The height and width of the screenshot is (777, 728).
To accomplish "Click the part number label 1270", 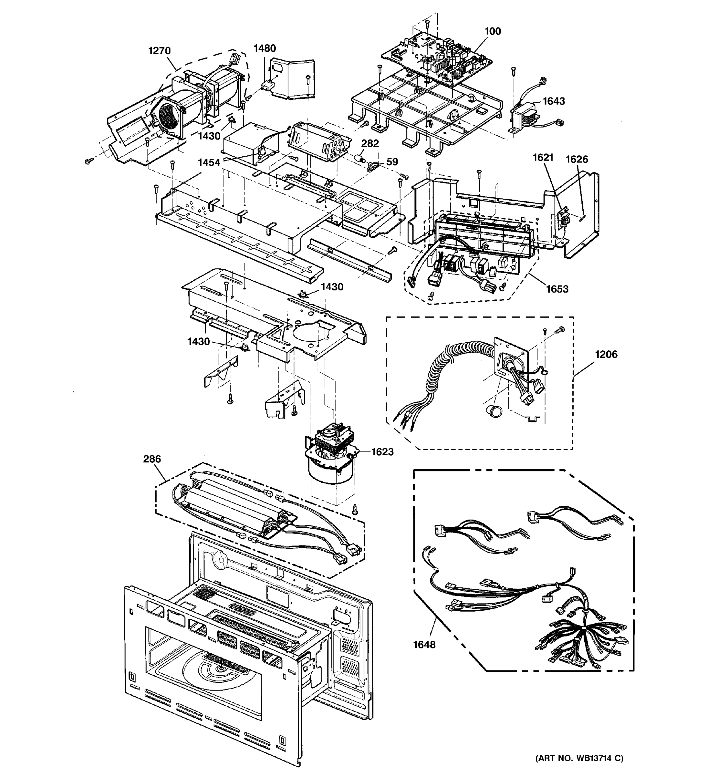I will click(x=159, y=51).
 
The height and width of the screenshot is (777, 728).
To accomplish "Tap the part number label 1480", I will click(x=264, y=49).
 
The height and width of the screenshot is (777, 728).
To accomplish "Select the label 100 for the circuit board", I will click(x=492, y=31).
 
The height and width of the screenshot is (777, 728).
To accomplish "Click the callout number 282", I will click(x=370, y=143).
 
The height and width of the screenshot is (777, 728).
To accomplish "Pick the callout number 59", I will click(x=392, y=162).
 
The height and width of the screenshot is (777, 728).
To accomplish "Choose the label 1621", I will click(x=543, y=158).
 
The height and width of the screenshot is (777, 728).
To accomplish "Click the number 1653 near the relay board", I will click(x=557, y=289).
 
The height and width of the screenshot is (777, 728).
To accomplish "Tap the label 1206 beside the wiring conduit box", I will click(x=606, y=355).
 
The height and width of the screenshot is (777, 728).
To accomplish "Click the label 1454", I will click(x=209, y=163).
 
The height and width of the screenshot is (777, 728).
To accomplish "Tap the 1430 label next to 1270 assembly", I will click(x=209, y=136).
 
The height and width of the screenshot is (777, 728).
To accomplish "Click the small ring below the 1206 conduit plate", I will click(x=495, y=411).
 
